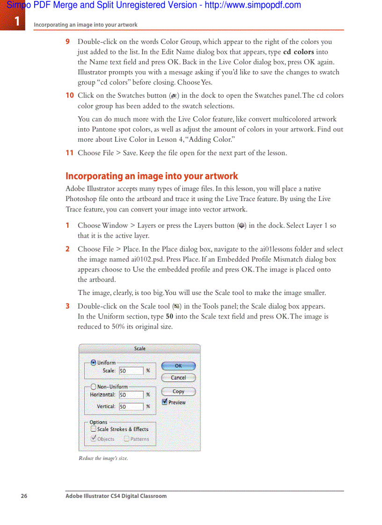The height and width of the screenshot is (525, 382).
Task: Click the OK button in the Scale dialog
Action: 178,366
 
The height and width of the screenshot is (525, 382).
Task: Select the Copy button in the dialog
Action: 178,392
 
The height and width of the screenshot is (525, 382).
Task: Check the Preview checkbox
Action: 165,402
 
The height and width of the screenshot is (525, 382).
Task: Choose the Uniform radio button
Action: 94,362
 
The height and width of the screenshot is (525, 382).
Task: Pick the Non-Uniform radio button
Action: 94,387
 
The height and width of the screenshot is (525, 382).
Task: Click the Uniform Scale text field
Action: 131,371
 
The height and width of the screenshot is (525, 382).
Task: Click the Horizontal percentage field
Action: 131,395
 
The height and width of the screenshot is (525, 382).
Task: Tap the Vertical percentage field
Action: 131,407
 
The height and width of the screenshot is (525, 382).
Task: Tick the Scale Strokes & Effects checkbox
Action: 94,429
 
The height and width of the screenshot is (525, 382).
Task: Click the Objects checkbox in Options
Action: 94,439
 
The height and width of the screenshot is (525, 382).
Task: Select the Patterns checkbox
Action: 127,439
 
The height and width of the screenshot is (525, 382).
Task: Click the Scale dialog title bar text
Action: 140,349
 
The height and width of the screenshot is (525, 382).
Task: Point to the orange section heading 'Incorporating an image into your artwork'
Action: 152,176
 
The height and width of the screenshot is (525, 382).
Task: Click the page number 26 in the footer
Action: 24,496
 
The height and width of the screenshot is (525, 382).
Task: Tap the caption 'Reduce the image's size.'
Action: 103,458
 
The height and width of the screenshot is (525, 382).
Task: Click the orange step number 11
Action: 69,153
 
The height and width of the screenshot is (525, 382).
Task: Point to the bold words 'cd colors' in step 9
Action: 299,52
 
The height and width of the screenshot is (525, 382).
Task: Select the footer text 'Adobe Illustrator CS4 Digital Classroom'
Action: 116,496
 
